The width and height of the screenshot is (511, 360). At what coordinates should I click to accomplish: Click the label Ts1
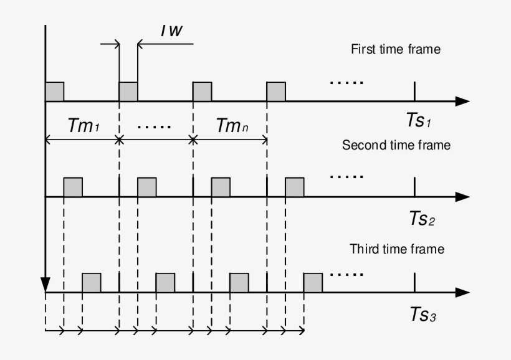pos(419,121)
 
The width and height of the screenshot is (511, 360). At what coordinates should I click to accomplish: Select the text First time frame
pos(395,49)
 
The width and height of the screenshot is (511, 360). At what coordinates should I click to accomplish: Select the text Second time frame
pos(396,145)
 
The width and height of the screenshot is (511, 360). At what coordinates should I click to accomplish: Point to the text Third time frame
pos(397,249)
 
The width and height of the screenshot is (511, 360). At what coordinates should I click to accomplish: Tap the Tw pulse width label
pos(171,31)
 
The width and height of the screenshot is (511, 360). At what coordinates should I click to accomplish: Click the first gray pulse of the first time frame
pos(55,92)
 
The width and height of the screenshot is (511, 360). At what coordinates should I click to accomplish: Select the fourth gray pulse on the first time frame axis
pos(276,92)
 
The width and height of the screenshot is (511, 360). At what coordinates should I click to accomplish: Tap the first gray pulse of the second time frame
pos(73,187)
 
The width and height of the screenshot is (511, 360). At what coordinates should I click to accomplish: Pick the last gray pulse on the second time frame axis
pos(295,187)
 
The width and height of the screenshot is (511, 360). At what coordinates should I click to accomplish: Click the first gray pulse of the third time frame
pos(92,283)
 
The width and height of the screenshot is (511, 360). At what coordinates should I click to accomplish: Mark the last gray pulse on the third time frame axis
pos(313,283)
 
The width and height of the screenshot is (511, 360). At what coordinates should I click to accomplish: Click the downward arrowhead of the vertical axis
pos(45,284)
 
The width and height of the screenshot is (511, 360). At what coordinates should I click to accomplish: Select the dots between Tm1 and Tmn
pos(154,126)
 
